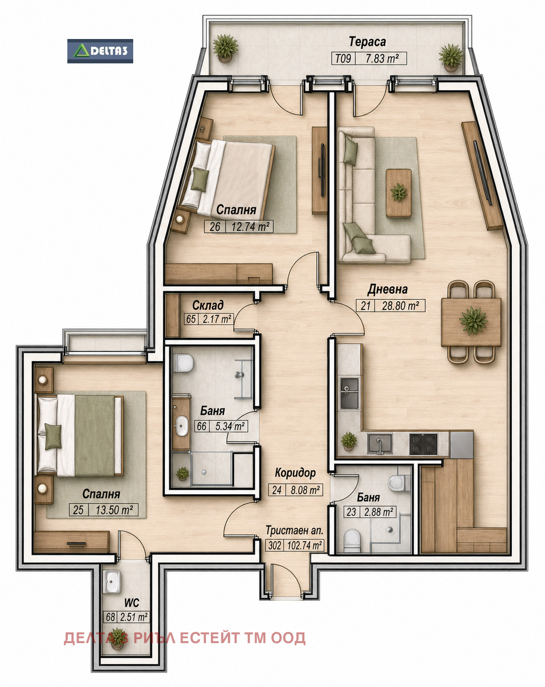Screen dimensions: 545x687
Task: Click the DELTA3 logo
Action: click(x=100, y=51)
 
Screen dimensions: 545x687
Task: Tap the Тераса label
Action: click(x=367, y=41)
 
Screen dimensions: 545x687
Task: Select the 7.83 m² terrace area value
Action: click(x=382, y=59)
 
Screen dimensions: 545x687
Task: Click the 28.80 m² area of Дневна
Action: click(x=400, y=306)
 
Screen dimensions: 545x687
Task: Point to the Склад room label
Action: click(x=208, y=305)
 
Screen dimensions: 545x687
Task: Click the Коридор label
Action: click(x=295, y=472)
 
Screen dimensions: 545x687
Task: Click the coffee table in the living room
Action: click(x=399, y=193)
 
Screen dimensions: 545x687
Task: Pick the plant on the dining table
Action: click(x=473, y=320)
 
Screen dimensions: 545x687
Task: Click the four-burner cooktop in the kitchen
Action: click(x=424, y=444)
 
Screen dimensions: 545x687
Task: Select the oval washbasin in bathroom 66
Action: click(x=182, y=426)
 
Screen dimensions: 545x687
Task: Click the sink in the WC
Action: click(x=112, y=582)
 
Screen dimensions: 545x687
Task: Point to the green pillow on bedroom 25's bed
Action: click(x=53, y=436)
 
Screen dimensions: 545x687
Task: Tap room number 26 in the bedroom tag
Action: click(x=215, y=227)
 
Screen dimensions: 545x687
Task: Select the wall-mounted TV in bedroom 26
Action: click(x=323, y=170)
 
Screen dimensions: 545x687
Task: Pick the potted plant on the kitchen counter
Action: click(x=348, y=441)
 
